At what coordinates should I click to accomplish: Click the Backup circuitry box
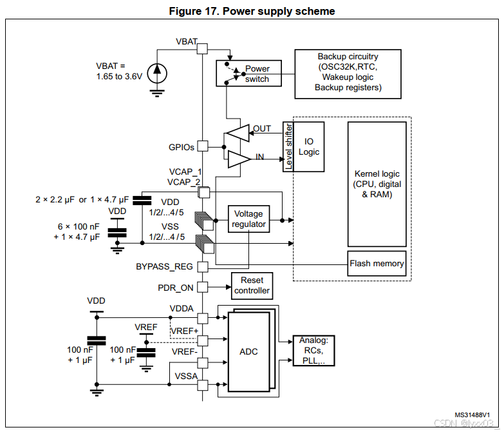point(348,74)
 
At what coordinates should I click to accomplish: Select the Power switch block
point(249,74)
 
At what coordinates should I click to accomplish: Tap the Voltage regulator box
point(249,219)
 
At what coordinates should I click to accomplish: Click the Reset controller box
point(252,286)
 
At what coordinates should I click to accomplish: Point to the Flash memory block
point(377,263)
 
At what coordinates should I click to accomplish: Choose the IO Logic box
point(308,147)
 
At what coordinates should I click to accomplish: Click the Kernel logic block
point(377,184)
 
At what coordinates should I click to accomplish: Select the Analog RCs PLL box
point(313,351)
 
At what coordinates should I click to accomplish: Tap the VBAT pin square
point(202,48)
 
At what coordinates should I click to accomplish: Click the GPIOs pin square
point(203,146)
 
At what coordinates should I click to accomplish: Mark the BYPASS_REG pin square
point(203,267)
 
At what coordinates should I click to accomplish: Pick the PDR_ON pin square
point(203,287)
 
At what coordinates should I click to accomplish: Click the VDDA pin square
point(203,318)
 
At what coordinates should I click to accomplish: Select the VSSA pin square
point(203,385)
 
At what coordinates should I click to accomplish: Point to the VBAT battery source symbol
point(157,74)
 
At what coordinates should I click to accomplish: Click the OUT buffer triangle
point(238,133)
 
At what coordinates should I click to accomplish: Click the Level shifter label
point(288,147)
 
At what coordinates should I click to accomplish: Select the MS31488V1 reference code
point(472,415)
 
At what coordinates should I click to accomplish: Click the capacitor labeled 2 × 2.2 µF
point(142,201)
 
